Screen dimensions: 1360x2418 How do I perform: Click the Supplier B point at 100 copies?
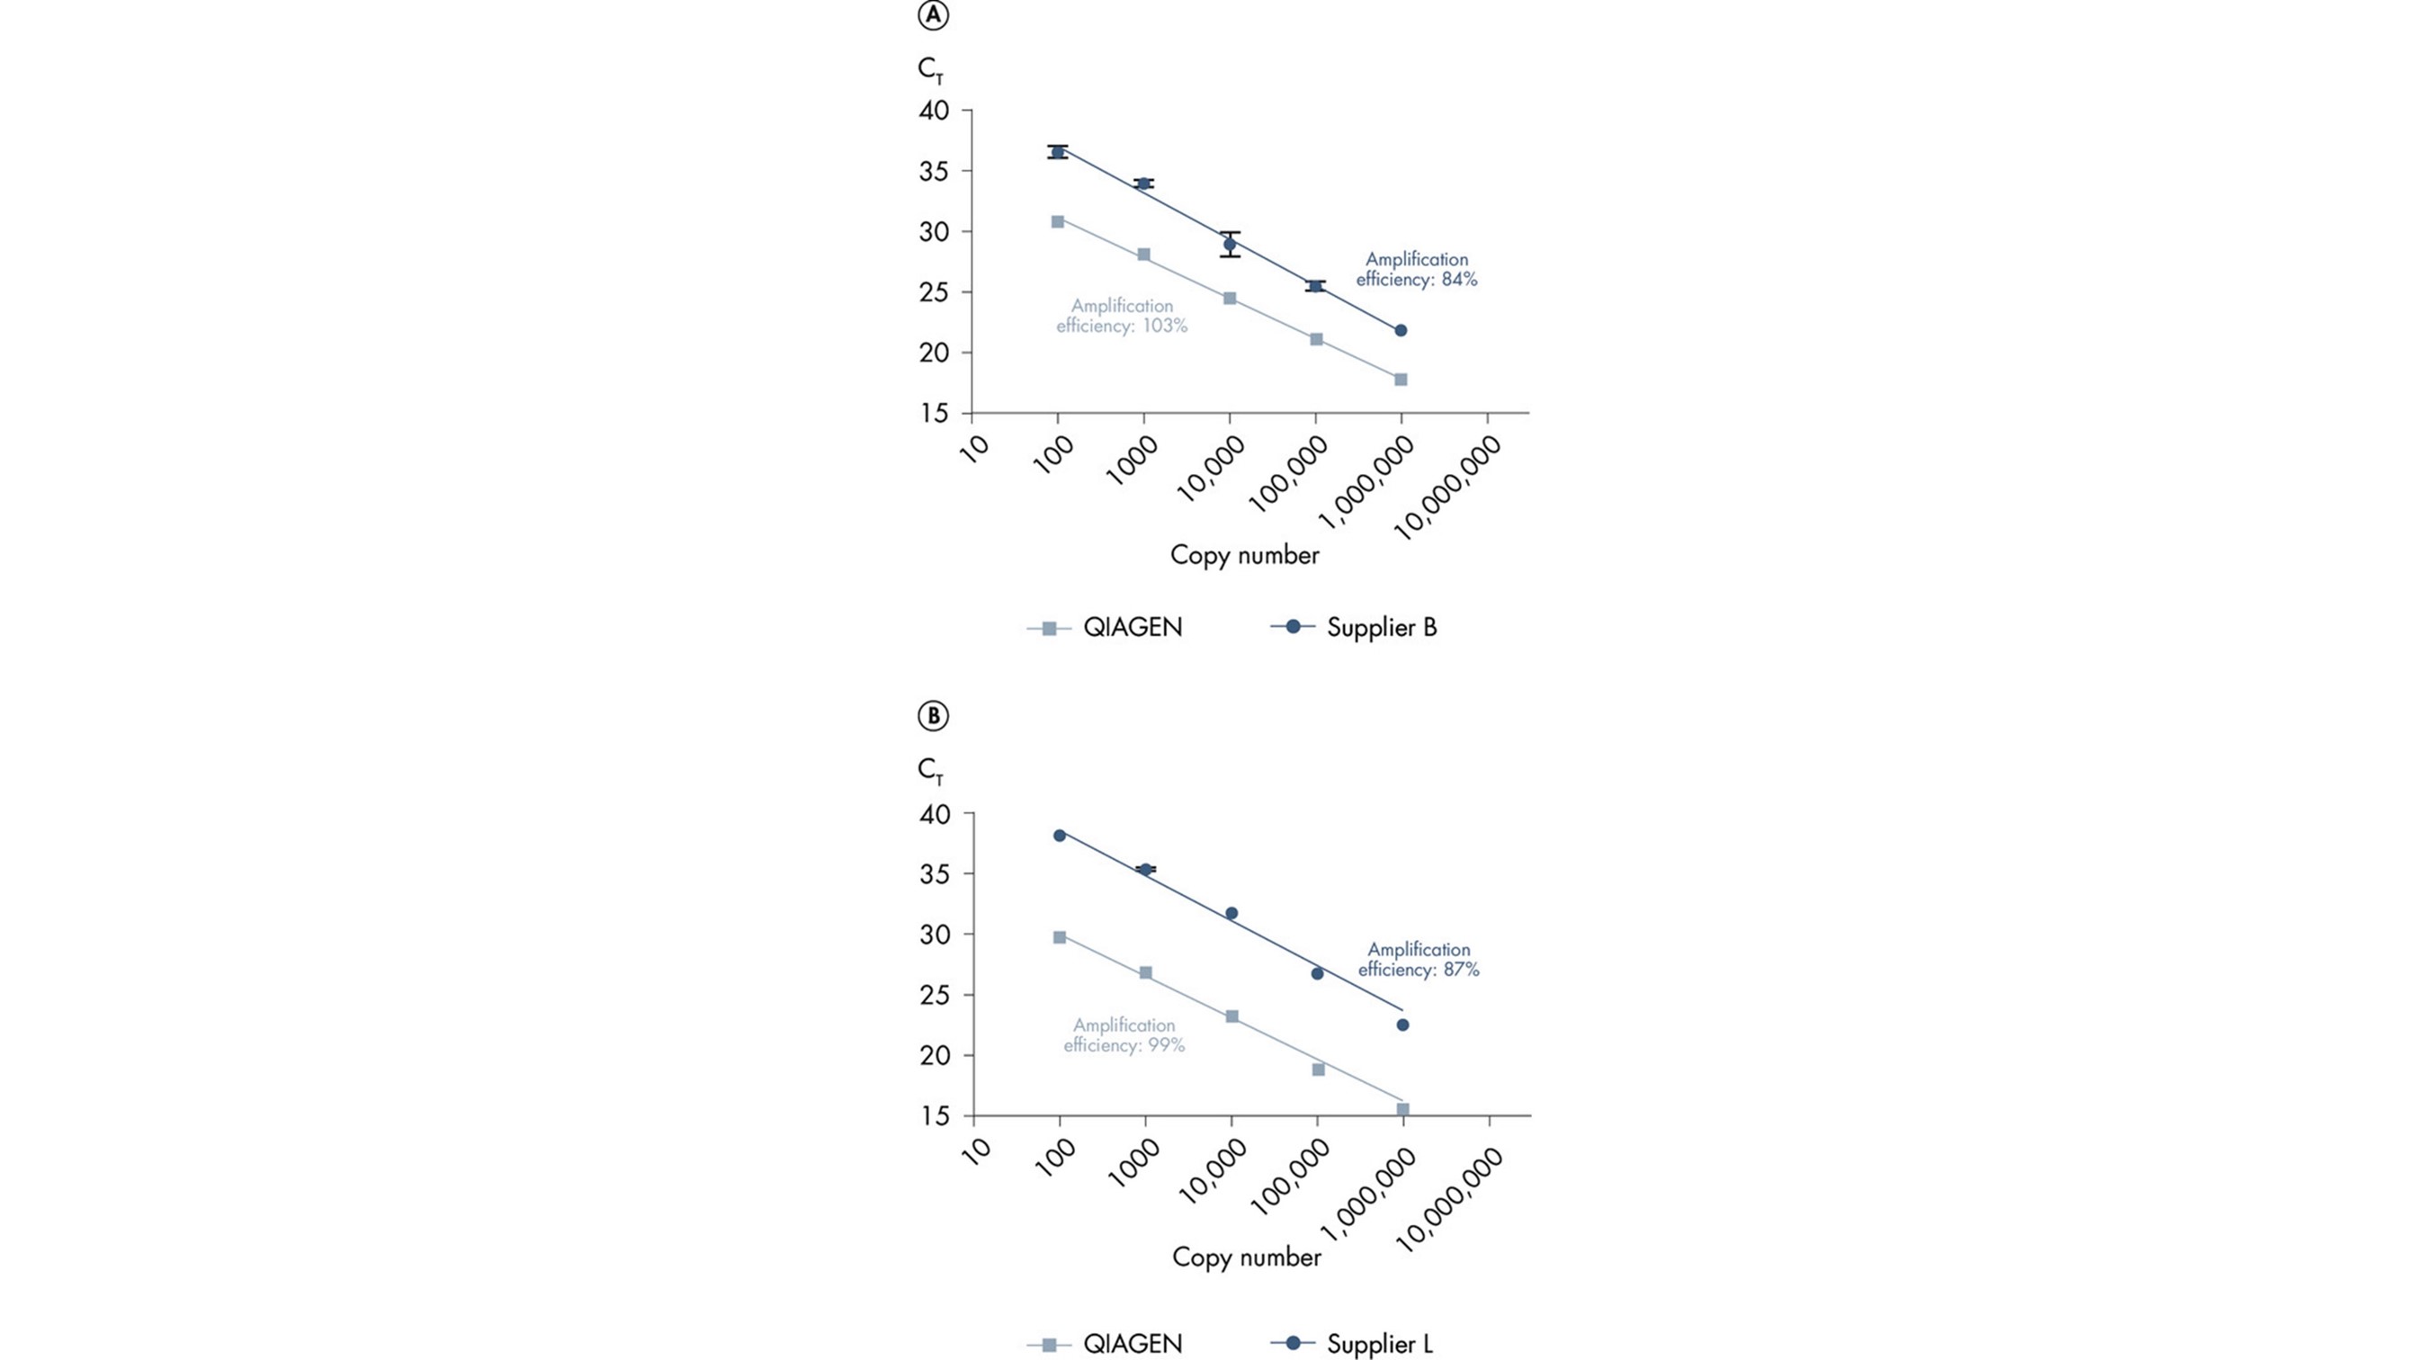[1058, 152]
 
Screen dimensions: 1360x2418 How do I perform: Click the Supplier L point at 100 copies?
[1060, 836]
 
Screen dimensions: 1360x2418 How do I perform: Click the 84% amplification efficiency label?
[1417, 269]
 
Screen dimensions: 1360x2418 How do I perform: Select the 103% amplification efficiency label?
[1122, 317]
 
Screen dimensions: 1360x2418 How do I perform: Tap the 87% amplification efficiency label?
[1419, 959]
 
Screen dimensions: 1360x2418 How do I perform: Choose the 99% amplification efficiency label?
[1124, 1035]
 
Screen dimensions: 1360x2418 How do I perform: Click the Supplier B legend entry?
[1354, 627]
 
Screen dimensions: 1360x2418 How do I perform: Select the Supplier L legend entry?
[1352, 1343]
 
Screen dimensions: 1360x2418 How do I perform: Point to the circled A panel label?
[933, 17]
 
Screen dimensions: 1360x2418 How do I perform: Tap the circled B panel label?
[933, 716]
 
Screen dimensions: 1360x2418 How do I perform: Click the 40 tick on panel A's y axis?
[933, 111]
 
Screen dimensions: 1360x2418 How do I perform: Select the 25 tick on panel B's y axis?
[933, 995]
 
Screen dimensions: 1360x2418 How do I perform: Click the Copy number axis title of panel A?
[1245, 556]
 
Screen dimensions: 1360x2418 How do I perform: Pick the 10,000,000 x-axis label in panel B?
[1451, 1202]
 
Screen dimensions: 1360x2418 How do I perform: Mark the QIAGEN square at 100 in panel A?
[1058, 221]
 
